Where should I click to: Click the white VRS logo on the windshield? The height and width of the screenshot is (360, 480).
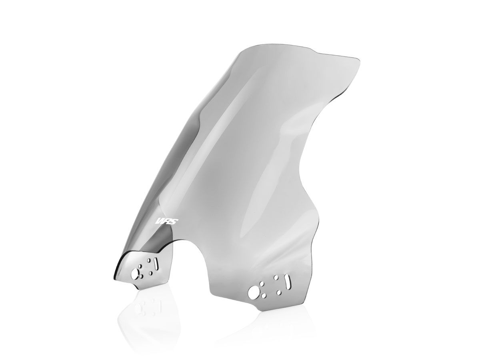pos(167,221)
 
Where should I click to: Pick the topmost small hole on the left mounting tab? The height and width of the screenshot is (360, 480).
pos(149,260)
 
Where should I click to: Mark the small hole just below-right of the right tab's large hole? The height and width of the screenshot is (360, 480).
pos(264,296)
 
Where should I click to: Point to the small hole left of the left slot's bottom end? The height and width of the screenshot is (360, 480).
pos(151,273)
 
